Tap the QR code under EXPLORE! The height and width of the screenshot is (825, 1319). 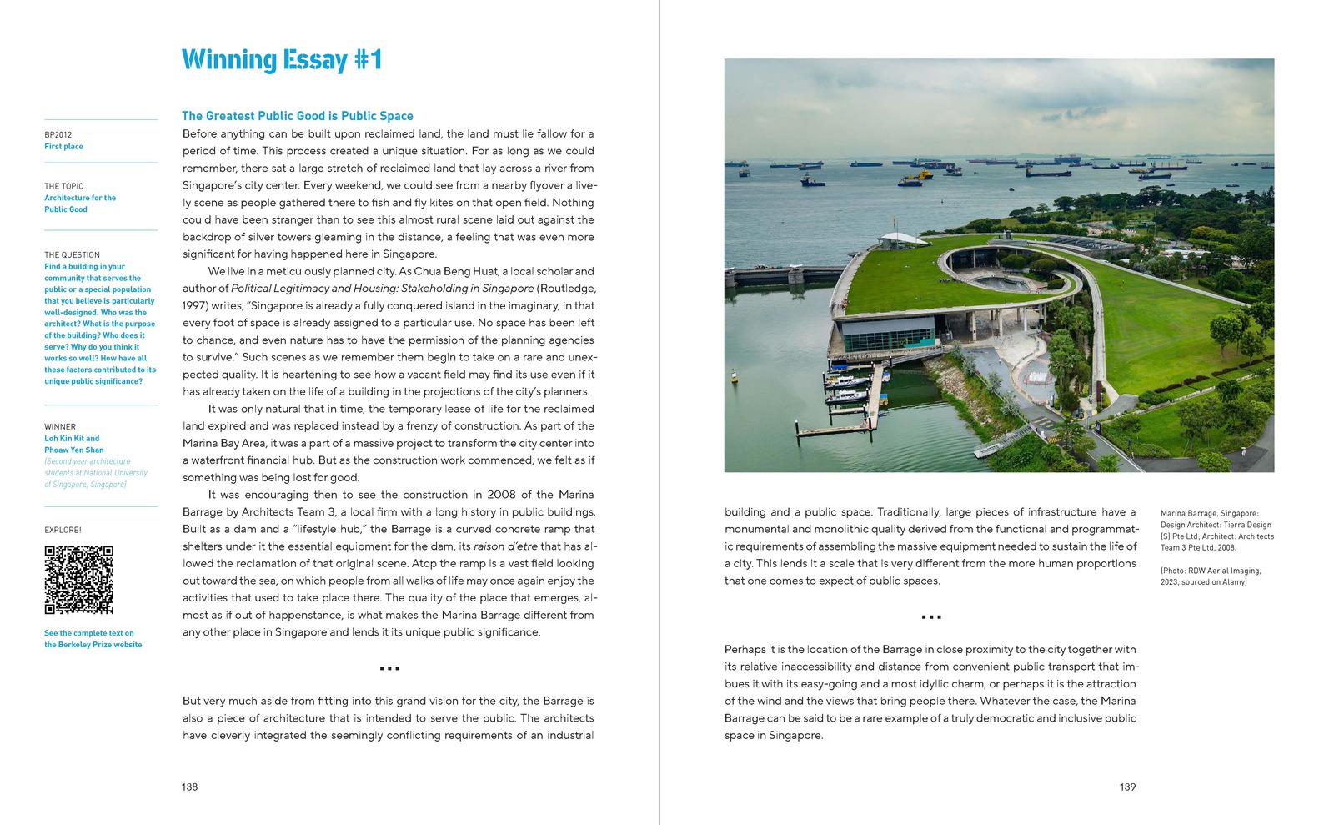[78, 580]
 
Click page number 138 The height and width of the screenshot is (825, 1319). [190, 787]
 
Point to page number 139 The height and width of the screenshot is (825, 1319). [1127, 787]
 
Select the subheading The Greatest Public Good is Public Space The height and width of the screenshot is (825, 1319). [297, 116]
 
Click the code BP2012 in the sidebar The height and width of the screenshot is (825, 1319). [58, 134]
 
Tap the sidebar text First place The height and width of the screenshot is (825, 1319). [63, 147]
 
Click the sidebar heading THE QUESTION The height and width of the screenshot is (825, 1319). [72, 255]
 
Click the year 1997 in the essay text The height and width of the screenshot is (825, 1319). [195, 306]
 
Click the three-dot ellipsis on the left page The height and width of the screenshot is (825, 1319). [389, 668]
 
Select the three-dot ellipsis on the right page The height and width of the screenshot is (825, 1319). [931, 617]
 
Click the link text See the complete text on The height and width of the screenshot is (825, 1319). [89, 633]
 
